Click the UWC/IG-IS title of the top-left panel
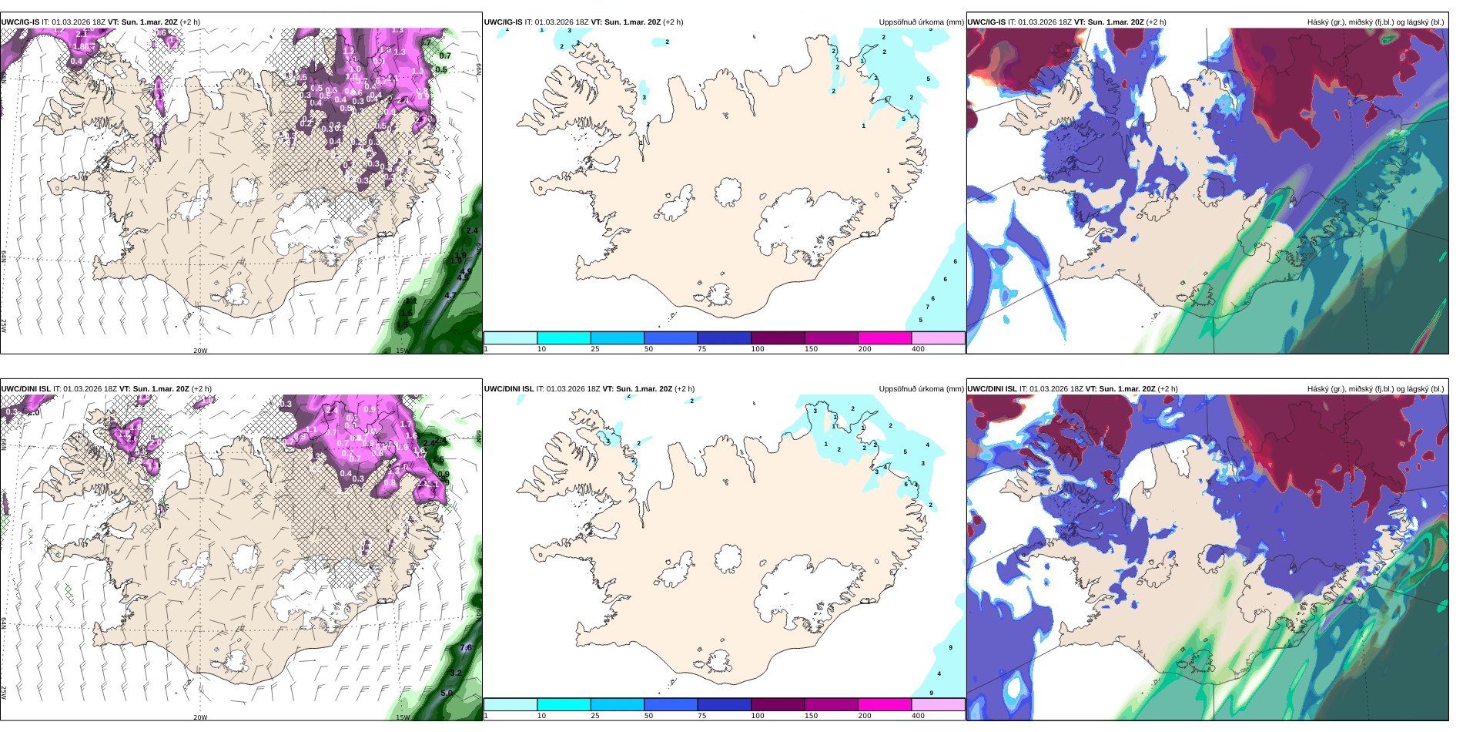click(x=20, y=22)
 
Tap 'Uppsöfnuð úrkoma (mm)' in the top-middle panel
click(x=921, y=22)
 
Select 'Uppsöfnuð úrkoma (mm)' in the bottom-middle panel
click(x=921, y=389)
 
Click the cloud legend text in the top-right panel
click(x=1375, y=22)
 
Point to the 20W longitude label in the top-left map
click(x=200, y=351)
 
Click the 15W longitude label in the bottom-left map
click(x=402, y=717)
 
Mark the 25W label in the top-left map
click(x=4, y=326)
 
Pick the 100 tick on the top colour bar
click(x=758, y=349)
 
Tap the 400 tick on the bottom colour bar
click(x=918, y=716)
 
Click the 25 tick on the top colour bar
click(x=595, y=349)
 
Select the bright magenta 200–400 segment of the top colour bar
click(x=884, y=337)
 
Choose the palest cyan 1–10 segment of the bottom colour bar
click(x=510, y=704)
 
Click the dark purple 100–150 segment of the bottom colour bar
click(x=777, y=704)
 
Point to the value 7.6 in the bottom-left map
click(x=466, y=648)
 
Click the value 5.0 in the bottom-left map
click(x=447, y=693)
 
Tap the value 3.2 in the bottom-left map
click(x=456, y=673)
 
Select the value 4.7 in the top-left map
click(x=450, y=295)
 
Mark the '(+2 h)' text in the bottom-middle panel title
click(x=684, y=389)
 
